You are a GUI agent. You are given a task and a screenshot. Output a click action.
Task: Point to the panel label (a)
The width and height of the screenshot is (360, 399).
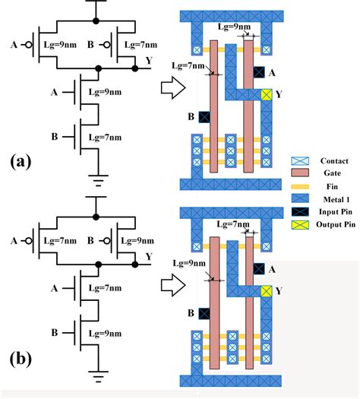tap(21, 162)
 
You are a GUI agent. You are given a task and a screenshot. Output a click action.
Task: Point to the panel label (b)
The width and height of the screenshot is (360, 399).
tap(21, 357)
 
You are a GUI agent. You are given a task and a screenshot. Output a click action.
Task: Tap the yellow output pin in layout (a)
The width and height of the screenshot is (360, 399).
tap(266, 95)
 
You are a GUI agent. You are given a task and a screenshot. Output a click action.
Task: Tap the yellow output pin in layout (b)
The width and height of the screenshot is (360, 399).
tap(266, 292)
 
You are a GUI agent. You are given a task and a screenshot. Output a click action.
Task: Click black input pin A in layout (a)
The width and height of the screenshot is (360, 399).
tap(259, 72)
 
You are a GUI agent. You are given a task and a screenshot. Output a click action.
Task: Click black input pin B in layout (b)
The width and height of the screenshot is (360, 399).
tap(204, 313)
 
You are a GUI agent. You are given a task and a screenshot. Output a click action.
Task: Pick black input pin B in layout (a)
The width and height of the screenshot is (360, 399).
tap(204, 117)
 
